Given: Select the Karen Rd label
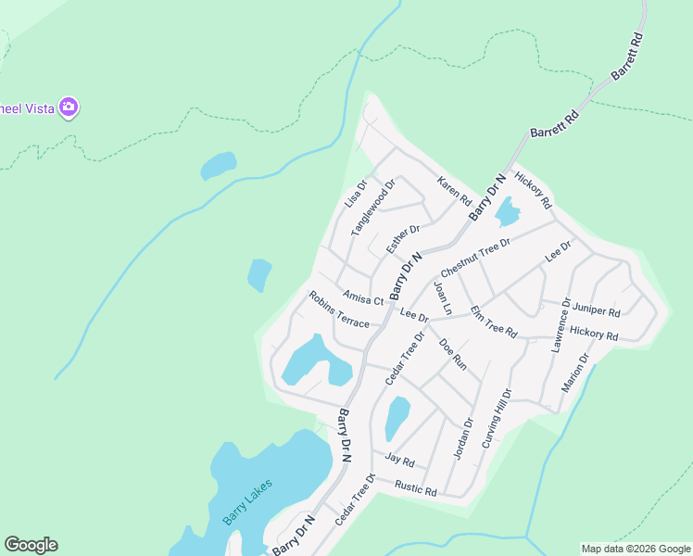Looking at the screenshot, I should (454, 191).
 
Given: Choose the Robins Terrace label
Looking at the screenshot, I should (339, 310).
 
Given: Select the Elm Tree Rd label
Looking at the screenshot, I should (493, 321).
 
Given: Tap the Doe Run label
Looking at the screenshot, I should (452, 354).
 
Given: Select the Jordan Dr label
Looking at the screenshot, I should (463, 437).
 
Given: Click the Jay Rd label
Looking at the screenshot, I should (399, 460).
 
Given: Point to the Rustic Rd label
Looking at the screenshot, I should (415, 487).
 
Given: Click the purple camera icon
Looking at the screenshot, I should (68, 107).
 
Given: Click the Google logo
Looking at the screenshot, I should (31, 545).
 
